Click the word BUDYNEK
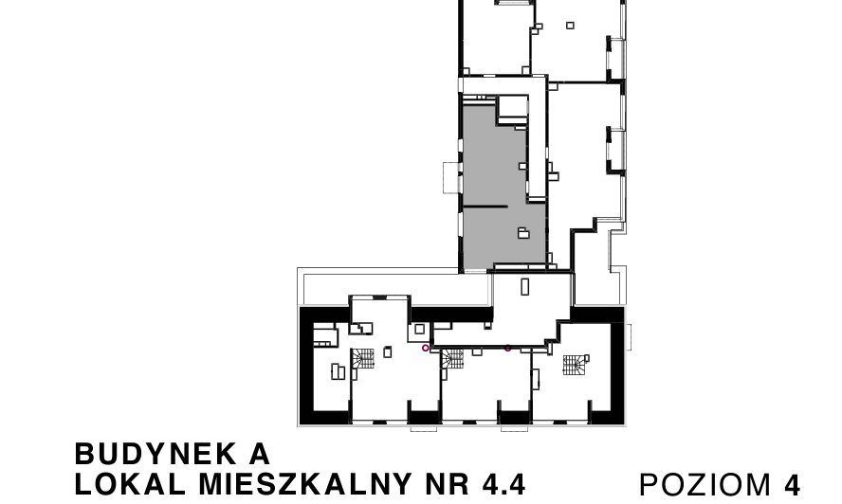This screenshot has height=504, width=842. (156, 454)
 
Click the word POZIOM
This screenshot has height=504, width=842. (705, 485)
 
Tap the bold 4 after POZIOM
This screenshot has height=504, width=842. (793, 485)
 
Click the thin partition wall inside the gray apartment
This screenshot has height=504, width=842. (485, 207)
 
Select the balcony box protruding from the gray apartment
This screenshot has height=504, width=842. (451, 178)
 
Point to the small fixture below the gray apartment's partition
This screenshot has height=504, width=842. (523, 232)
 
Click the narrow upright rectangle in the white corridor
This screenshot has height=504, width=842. (525, 287)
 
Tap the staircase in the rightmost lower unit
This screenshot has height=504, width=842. (575, 365)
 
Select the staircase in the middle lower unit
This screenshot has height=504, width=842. (452, 358)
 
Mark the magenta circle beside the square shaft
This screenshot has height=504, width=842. (426, 348)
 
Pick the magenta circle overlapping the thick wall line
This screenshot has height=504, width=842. (508, 348)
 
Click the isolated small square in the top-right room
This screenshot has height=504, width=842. (570, 26)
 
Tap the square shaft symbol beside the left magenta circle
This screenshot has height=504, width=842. (419, 329)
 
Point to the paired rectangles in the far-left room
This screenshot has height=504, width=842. (338, 371)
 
